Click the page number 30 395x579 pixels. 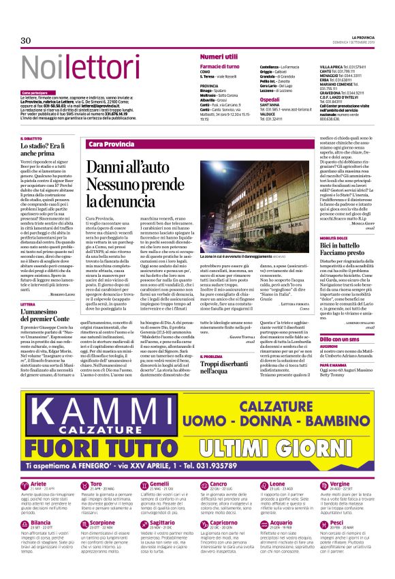point(25,42)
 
